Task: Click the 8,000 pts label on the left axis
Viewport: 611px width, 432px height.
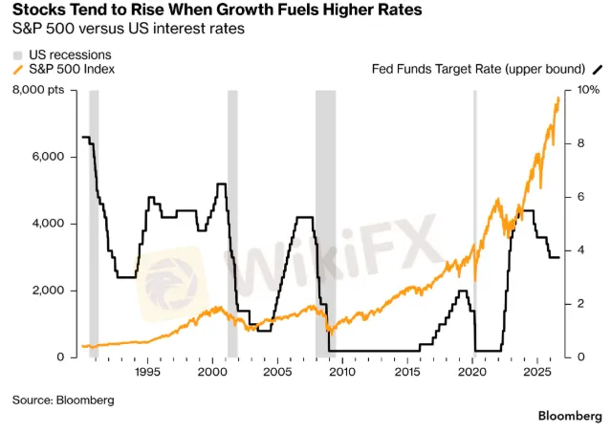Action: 38,90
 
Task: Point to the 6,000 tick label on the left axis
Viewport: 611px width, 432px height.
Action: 49,157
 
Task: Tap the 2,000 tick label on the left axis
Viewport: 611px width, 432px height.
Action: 49,291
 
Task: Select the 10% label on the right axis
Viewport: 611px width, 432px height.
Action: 588,90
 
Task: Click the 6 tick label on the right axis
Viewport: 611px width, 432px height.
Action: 581,197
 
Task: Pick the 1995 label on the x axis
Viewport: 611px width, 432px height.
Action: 147,372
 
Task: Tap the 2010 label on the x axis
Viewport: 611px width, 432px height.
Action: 342,372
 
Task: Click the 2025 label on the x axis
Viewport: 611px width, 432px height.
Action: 537,372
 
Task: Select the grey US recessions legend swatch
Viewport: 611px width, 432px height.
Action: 18,54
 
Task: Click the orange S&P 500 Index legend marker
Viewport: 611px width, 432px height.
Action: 18,70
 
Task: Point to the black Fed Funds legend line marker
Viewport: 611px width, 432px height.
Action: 598,70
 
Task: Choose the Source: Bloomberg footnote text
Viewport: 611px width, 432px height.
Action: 63,400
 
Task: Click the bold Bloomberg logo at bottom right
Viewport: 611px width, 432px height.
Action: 570,416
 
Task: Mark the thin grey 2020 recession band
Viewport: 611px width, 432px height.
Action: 474,224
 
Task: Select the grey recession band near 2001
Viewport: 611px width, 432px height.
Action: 232,224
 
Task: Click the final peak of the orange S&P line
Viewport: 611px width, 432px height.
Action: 558,98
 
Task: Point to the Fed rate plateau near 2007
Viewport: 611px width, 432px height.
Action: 305,217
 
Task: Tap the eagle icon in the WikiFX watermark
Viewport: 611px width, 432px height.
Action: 170,284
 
